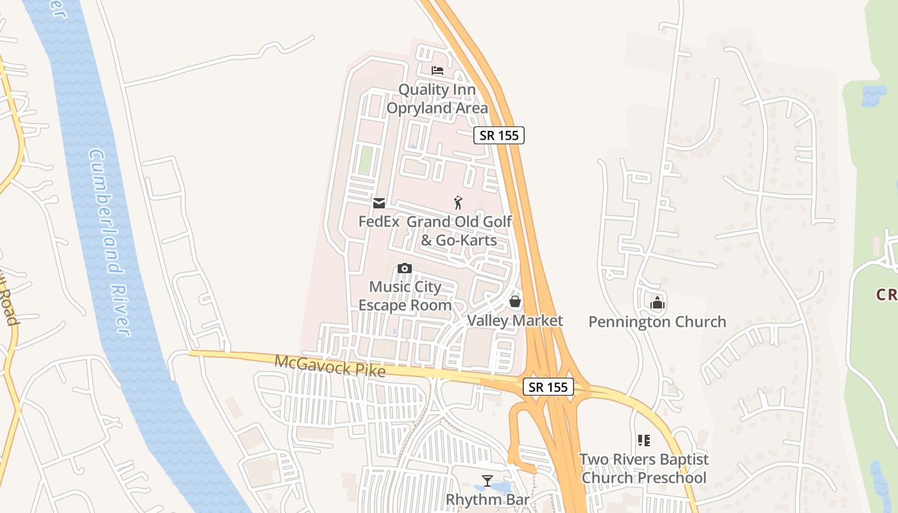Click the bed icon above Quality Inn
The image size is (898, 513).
[x=437, y=70]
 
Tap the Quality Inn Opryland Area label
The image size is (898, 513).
[x=437, y=99]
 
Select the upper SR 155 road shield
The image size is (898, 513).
[x=500, y=135]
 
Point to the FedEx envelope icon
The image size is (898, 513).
[x=378, y=203]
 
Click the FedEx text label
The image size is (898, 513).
[x=378, y=222]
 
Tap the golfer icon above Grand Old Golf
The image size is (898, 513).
[x=458, y=203]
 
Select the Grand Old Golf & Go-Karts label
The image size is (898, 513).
[x=459, y=231]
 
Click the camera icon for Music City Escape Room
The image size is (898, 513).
[x=404, y=268]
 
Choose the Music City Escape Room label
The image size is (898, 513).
[x=405, y=296]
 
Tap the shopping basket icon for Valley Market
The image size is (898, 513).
[x=514, y=301]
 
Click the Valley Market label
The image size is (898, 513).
[x=515, y=321]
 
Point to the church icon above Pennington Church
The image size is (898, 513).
[x=657, y=302]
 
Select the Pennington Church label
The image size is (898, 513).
[x=657, y=321]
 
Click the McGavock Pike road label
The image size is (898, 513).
[x=330, y=366]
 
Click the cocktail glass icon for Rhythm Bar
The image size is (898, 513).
[x=487, y=480]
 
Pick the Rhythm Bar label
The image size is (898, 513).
[x=487, y=499]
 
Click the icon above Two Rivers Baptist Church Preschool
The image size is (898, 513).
[x=643, y=441]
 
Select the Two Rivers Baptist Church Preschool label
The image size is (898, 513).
[x=644, y=469]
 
